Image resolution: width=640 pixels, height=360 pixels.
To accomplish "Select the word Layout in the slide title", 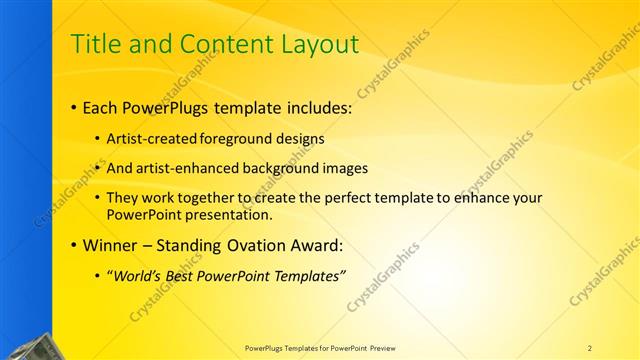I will (317, 45).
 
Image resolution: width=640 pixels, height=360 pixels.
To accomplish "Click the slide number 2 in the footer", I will (590, 347).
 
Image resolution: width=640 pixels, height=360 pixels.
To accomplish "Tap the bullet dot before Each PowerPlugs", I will (76, 106).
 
